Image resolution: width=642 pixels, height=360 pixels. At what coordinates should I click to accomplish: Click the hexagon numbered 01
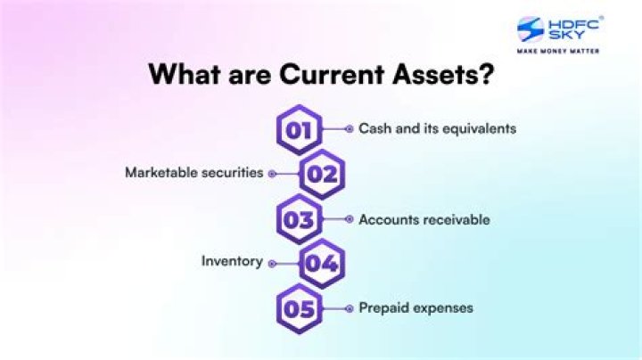[x=300, y=129]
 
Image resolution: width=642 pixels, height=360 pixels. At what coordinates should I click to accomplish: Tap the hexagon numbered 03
[x=300, y=219]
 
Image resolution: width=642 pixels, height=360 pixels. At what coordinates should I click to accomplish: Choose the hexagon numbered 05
[x=300, y=309]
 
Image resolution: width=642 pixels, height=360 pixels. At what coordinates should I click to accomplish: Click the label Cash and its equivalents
[x=437, y=128]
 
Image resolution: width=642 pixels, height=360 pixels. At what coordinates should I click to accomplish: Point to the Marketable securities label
[x=193, y=173]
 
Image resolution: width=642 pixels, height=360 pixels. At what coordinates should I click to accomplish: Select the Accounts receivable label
[x=424, y=219]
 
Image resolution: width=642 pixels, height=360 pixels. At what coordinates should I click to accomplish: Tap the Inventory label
[x=232, y=261]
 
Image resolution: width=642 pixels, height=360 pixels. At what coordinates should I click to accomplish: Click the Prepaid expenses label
[x=416, y=308]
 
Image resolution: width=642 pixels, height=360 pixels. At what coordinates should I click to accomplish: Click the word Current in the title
[x=333, y=73]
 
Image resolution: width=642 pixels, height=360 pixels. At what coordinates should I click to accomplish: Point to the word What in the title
[x=184, y=73]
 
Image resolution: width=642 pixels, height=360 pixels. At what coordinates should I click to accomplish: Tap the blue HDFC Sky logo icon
[x=531, y=29]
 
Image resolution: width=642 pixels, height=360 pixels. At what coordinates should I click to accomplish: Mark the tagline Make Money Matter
[x=558, y=51]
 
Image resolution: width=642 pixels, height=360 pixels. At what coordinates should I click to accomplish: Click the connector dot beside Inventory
[x=272, y=263]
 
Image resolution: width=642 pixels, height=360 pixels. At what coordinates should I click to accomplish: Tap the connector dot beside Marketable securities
[x=272, y=174]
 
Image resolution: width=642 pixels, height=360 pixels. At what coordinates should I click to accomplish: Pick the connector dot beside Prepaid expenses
[x=349, y=308]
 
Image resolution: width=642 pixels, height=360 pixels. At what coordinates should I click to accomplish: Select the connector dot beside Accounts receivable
[x=349, y=219]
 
